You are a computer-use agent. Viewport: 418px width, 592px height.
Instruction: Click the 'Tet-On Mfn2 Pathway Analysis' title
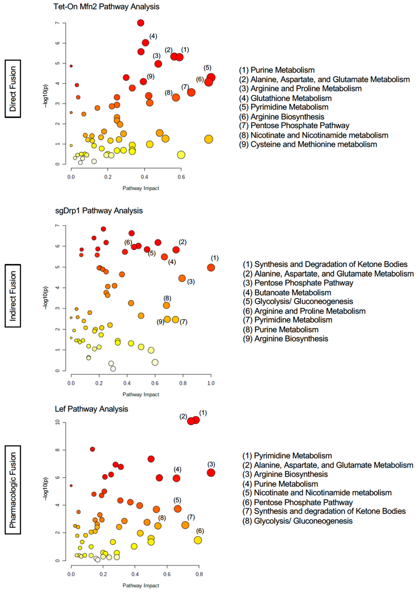(x=106, y=7)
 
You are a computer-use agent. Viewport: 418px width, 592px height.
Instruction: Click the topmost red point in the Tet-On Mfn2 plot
(x=140, y=23)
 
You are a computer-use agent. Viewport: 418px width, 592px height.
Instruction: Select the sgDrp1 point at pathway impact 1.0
(x=211, y=268)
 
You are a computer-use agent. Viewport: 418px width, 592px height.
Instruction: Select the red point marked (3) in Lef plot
(x=211, y=473)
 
